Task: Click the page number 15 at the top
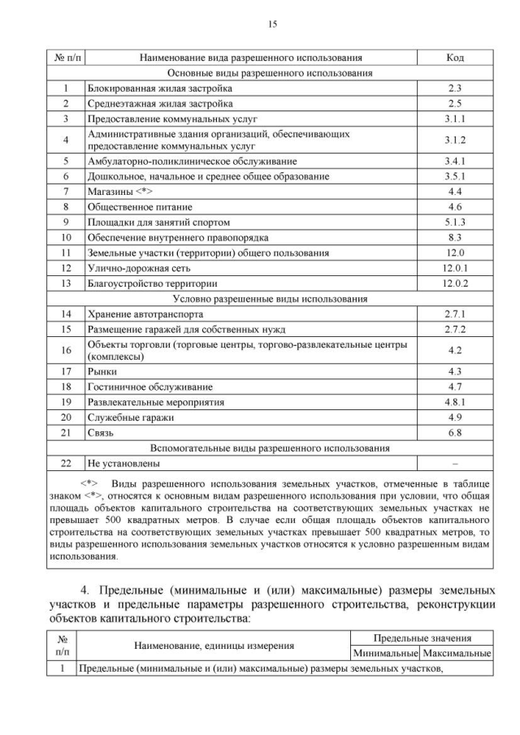click(273, 24)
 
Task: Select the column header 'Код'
click(455, 58)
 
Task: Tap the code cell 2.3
click(455, 88)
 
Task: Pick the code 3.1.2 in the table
click(455, 140)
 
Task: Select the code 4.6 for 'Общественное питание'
click(455, 206)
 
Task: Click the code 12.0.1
click(455, 267)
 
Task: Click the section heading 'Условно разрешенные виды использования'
click(273, 298)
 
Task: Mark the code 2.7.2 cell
click(455, 329)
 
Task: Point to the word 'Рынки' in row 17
click(102, 371)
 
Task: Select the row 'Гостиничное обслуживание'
click(149, 387)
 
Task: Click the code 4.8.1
click(455, 402)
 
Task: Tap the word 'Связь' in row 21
click(101, 432)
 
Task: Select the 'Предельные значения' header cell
click(422, 638)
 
